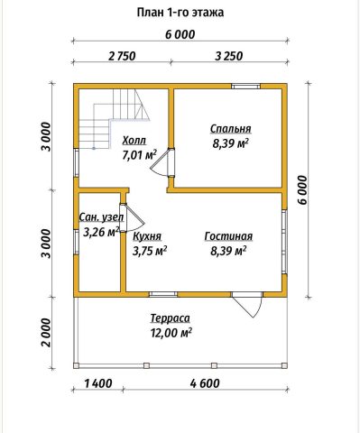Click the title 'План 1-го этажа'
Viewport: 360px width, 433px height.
click(x=180, y=13)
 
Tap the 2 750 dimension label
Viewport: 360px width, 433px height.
click(x=122, y=56)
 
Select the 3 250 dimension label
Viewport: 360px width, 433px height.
click(x=228, y=56)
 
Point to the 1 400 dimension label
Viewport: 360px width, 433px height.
click(x=98, y=383)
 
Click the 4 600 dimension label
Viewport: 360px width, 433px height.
click(x=205, y=383)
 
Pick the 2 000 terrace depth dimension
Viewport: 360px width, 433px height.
click(x=46, y=333)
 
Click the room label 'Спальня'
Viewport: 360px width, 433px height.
click(x=231, y=129)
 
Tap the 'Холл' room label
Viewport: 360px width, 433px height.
click(x=134, y=140)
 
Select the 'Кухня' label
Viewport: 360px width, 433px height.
click(x=147, y=236)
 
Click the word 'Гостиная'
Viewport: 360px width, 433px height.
click(x=228, y=236)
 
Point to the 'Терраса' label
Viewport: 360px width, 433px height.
click(x=171, y=318)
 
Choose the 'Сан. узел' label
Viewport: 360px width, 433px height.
click(x=101, y=217)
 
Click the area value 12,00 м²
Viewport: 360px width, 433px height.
click(x=171, y=333)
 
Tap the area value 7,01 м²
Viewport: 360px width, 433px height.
click(x=139, y=155)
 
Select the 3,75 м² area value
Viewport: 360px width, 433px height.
click(x=150, y=252)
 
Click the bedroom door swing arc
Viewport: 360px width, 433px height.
click(x=157, y=170)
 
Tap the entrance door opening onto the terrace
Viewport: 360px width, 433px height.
click(x=247, y=304)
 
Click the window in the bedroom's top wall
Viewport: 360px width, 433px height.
click(x=245, y=87)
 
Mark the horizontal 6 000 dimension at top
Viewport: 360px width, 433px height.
click(x=180, y=34)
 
